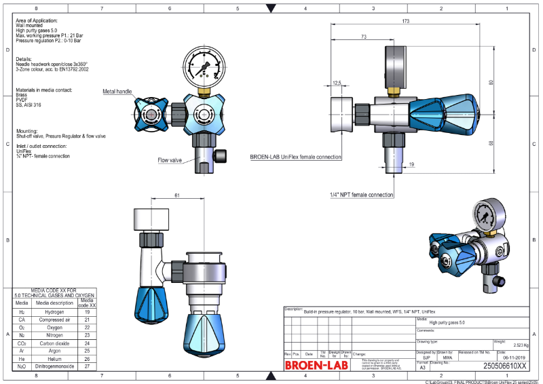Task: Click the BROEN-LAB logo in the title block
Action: (316, 365)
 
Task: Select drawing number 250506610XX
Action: (504, 366)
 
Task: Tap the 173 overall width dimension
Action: (405, 22)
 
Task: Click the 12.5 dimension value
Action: (337, 83)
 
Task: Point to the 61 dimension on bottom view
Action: (177, 195)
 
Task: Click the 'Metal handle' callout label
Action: (117, 91)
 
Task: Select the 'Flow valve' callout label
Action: (170, 160)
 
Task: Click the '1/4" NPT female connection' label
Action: (361, 195)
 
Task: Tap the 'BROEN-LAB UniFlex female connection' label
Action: (295, 157)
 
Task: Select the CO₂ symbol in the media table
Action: (22, 343)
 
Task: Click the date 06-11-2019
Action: (510, 357)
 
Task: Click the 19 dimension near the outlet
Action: (411, 165)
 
